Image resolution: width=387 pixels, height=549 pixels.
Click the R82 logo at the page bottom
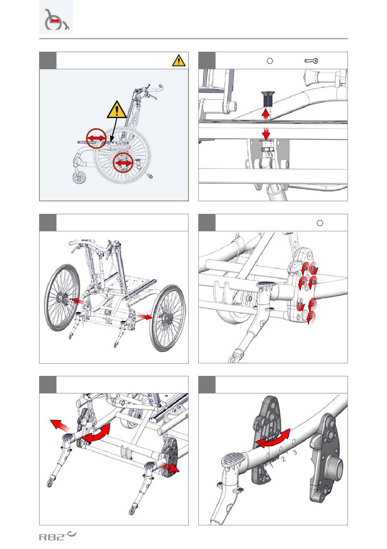pos(57,536)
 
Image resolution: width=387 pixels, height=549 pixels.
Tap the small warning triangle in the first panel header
pos(179,61)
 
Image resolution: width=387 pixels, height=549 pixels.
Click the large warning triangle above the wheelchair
pos(117,109)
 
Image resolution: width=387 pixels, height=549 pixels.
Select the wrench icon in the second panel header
pos(311,61)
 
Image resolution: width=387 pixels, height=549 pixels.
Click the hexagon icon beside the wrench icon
pos(270,61)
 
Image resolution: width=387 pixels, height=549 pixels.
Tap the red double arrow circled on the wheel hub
pos(123,163)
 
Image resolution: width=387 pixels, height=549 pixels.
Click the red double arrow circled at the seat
pos(96,138)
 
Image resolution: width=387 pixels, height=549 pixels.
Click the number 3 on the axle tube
pos(295,452)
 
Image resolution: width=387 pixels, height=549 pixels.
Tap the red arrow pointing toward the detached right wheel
pos(144,317)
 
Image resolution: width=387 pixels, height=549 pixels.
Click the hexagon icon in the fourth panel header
pos(320,223)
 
